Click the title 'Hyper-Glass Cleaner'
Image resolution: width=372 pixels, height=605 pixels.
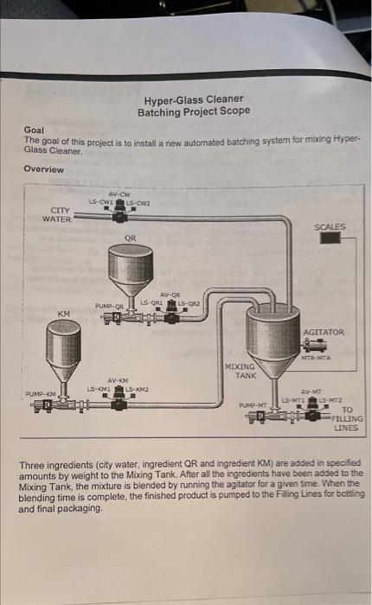point(194,99)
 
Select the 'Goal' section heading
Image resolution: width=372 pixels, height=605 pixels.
point(33,130)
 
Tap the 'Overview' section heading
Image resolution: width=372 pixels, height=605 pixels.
point(44,169)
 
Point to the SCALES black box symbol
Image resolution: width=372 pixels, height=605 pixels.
point(330,239)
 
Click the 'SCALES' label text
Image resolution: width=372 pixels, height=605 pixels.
point(330,226)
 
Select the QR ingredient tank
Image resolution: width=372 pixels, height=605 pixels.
point(130,268)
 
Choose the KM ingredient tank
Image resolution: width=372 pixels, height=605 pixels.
point(63,350)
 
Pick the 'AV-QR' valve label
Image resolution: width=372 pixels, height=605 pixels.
point(170,294)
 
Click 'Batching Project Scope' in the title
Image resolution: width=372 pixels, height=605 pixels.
point(194,111)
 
